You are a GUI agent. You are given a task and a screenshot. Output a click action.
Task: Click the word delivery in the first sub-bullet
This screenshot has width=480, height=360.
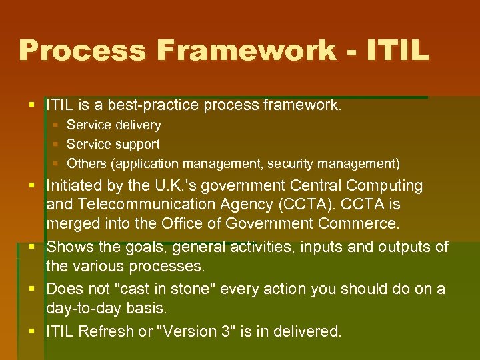point(137,125)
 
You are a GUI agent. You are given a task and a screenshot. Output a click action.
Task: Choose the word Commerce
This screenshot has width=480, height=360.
point(368,223)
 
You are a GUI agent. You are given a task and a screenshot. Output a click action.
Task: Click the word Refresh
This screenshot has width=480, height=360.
point(105,331)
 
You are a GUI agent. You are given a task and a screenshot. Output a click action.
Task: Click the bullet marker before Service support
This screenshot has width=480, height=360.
point(57,144)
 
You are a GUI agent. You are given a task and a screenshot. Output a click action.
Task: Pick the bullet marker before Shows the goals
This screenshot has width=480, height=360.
point(36,247)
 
